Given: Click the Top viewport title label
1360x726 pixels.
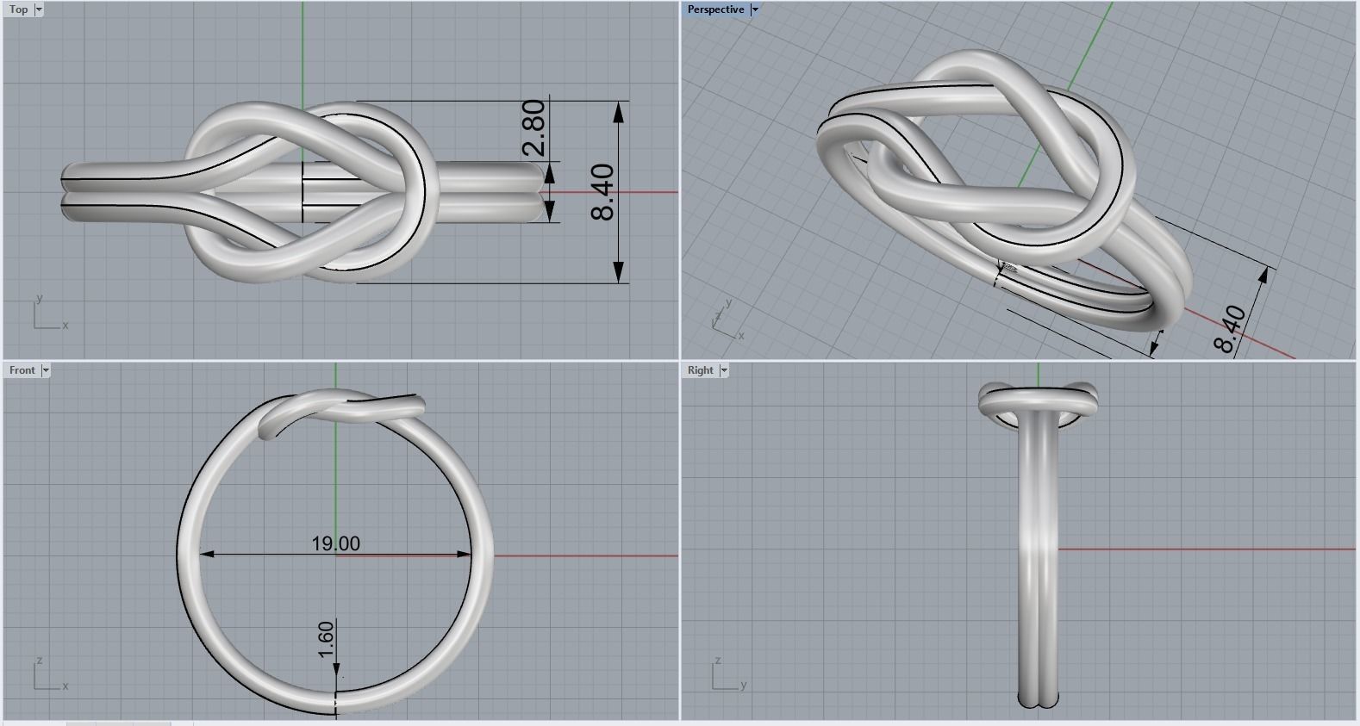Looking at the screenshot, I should (18, 9).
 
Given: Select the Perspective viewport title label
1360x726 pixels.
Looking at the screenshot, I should (715, 9).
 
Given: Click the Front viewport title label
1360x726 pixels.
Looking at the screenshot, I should (22, 370).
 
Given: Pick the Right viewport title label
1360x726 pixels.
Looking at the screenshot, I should (700, 370).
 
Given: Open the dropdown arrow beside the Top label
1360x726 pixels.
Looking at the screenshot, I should (39, 9).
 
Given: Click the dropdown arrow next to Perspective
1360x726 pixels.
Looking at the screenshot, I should (755, 9).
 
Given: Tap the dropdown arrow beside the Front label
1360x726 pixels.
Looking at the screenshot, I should (46, 370).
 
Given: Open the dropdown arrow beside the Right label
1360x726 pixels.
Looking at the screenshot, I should (724, 370).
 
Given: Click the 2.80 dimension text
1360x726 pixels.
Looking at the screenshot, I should (533, 127).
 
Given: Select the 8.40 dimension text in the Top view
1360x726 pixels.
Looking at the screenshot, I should (603, 191).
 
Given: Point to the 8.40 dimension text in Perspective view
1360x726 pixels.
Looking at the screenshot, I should (1231, 328).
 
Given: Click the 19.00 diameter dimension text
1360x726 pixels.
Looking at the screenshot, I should (336, 543).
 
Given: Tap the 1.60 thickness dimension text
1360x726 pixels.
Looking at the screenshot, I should (326, 639).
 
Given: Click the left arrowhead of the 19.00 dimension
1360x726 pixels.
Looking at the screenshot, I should (208, 555).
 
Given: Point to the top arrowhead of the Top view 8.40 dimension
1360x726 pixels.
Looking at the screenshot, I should (619, 110).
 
